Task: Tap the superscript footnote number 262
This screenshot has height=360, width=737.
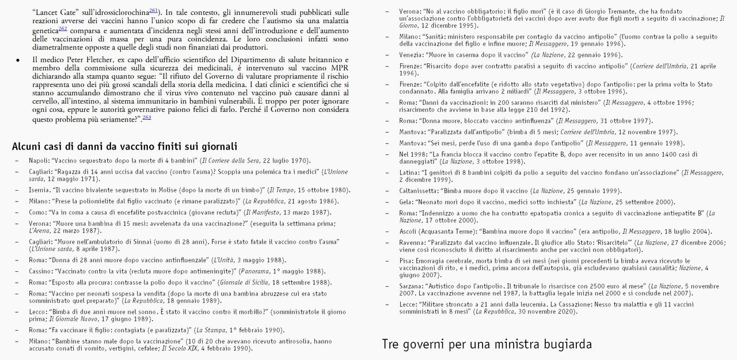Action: click(x=63, y=28)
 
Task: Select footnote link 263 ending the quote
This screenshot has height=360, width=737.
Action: click(x=147, y=117)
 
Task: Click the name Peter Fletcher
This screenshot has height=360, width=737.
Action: click(x=79, y=60)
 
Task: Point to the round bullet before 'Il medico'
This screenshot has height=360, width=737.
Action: click(x=18, y=60)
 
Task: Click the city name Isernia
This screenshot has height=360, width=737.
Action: click(x=40, y=190)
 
